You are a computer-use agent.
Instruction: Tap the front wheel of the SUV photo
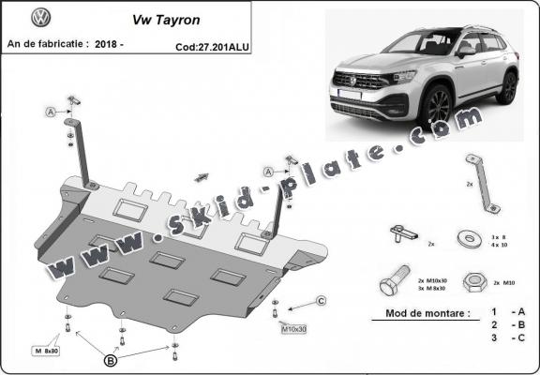(439, 106)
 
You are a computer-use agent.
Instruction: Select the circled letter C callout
(320, 300)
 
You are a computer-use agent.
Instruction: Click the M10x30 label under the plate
(293, 329)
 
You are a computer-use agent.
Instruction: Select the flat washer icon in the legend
(466, 237)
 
